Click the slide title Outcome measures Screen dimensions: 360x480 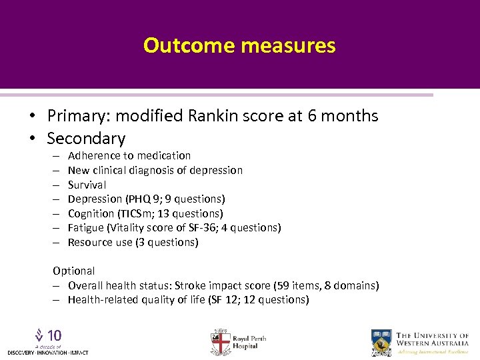point(239,45)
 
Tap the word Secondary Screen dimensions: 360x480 point(86,139)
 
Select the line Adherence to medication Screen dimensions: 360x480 point(129,155)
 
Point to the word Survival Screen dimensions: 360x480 point(87,185)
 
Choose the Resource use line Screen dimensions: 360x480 point(133,243)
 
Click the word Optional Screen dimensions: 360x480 point(73,271)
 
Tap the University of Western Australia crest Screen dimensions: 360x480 point(381,341)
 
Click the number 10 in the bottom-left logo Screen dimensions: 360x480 point(54,335)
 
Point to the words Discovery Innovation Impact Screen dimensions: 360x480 point(47,352)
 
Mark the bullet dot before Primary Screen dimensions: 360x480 point(32,116)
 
